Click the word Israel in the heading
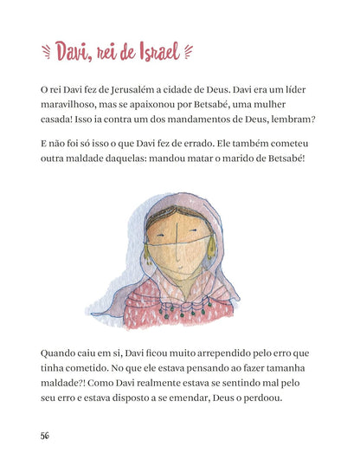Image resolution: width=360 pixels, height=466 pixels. pyautogui.click(x=153, y=53)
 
